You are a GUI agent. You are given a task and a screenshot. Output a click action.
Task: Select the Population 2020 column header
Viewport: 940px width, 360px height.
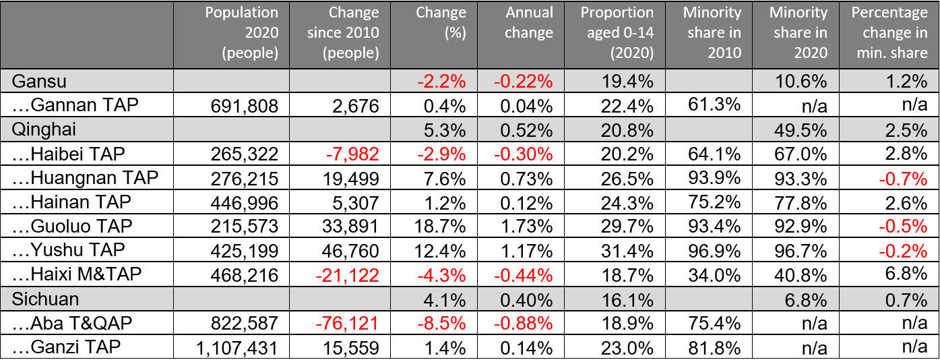(241, 32)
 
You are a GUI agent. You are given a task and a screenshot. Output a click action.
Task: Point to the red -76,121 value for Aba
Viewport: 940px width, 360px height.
(345, 323)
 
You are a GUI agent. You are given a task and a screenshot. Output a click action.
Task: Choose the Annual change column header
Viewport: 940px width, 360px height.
(529, 23)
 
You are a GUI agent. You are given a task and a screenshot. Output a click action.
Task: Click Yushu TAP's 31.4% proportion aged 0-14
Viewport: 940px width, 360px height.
(628, 250)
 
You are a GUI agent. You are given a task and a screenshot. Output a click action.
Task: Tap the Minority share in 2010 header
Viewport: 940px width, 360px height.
(712, 32)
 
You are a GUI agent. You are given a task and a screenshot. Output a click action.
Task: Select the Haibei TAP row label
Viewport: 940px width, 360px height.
(69, 154)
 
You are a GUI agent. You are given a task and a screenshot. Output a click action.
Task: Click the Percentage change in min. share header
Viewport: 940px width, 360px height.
(889, 32)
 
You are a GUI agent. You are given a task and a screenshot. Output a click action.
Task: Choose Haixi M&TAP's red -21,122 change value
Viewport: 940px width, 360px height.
(345, 274)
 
